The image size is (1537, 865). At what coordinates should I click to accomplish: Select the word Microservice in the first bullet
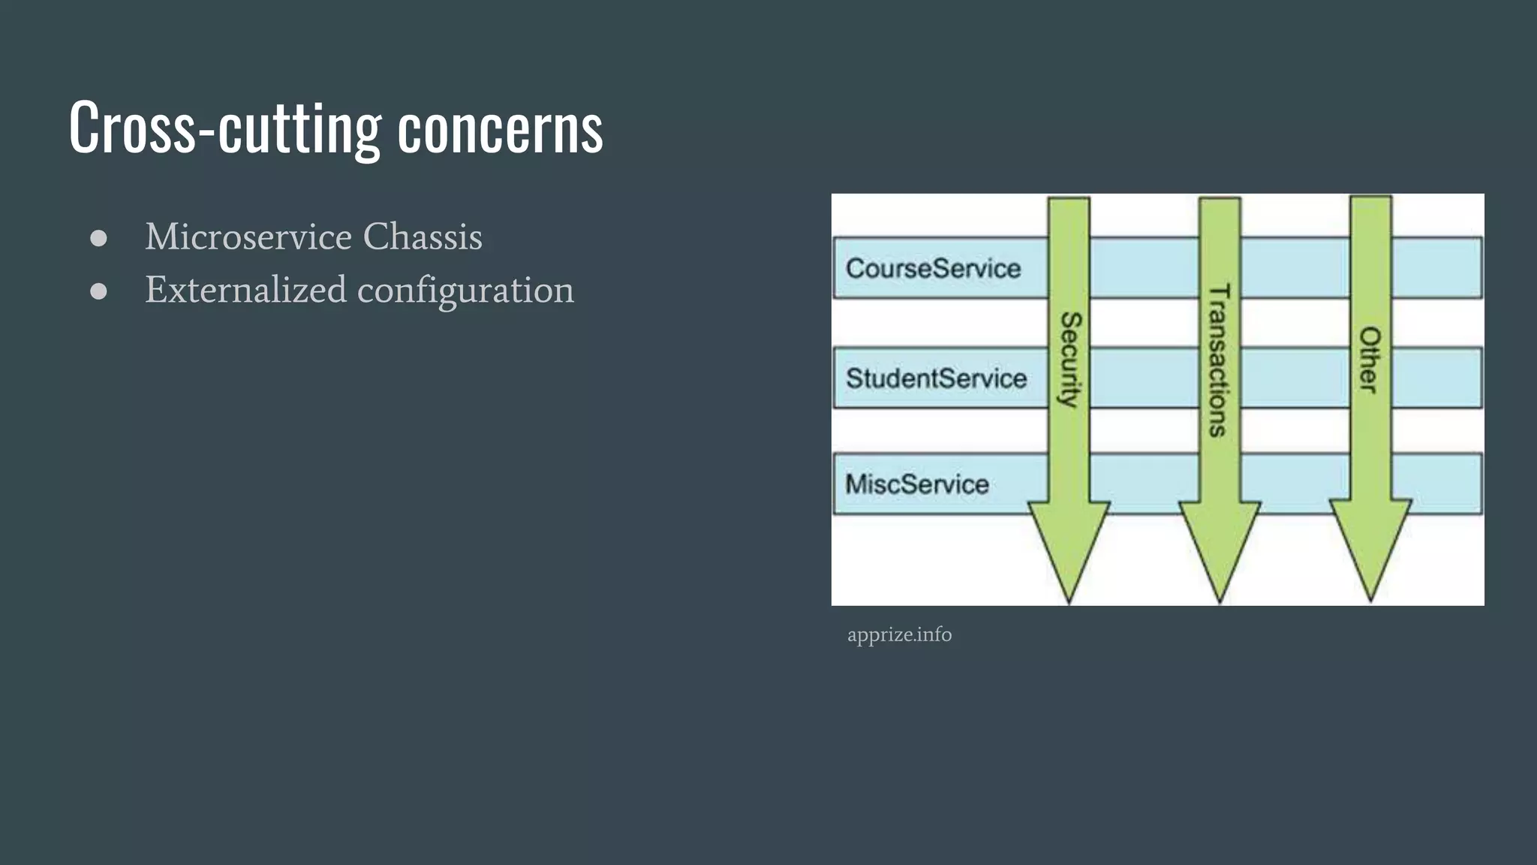248,237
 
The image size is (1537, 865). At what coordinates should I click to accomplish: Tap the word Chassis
423,237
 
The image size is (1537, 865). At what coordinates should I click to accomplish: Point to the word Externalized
245,290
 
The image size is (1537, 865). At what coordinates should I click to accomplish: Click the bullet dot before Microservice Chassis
98,239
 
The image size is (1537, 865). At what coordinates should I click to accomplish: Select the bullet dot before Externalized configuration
98,291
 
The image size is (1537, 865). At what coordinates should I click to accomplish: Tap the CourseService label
933,269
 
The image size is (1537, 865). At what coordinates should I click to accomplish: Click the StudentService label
936,378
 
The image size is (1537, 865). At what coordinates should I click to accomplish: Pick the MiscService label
916,484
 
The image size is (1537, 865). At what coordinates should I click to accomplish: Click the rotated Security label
1069,360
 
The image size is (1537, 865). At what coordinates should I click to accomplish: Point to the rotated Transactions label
1219,360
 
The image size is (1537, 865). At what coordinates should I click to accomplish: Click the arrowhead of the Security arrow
1069,548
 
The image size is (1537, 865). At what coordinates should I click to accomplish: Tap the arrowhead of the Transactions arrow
1220,548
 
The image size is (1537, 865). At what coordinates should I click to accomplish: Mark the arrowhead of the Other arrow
1370,548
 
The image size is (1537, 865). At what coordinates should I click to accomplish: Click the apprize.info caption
899,635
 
